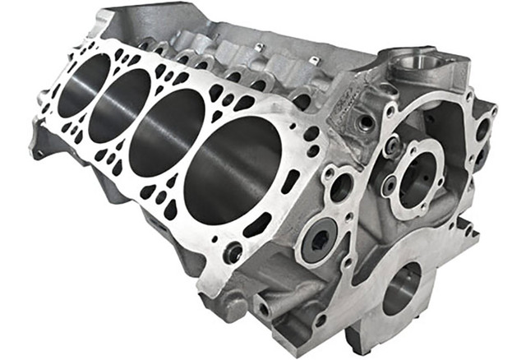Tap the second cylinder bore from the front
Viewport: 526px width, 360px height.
(168, 133)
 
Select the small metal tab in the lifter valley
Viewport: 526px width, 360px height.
(258, 48)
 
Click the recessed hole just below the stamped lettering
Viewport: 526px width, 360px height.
(363, 122)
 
